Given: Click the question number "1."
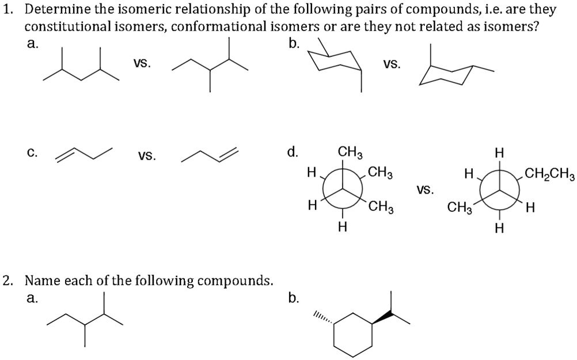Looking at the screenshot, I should point(7,10).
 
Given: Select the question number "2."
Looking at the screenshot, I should point(7,281).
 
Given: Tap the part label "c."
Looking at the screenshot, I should point(33,154).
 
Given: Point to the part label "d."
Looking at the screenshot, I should point(293,152).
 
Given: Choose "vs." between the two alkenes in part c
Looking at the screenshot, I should point(147,156).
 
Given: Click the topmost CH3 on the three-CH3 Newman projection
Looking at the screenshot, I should point(350,153).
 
